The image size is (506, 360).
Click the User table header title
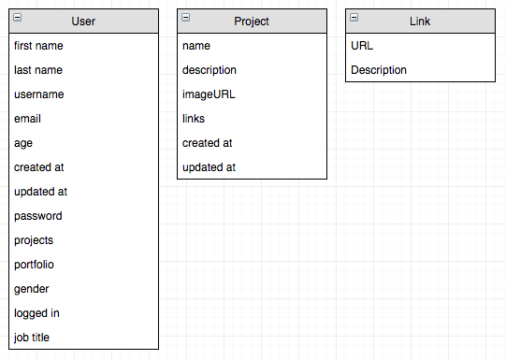[x=83, y=21]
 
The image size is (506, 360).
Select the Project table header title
[x=252, y=21]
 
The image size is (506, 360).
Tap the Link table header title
[x=420, y=21]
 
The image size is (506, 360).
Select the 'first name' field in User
[x=39, y=46]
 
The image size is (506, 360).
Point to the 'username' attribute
[x=39, y=94]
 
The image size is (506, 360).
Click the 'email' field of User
[x=28, y=119]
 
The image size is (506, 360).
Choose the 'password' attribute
[x=38, y=216]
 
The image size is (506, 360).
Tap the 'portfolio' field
[x=35, y=265]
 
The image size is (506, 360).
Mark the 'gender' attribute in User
[x=32, y=289]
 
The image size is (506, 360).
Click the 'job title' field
[x=32, y=338]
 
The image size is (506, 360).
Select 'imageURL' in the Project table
[x=206, y=94]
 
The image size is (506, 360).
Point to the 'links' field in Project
[x=194, y=119]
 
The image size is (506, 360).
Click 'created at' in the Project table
[x=208, y=143]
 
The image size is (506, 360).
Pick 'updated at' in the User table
[x=41, y=192]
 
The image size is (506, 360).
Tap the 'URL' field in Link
[x=362, y=46]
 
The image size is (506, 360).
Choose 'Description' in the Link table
[x=379, y=70]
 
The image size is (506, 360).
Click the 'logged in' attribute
[x=37, y=313]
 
